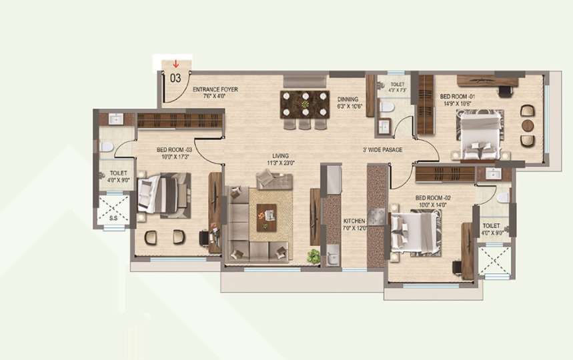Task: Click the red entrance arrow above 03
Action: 175,65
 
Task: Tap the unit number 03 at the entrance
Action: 175,77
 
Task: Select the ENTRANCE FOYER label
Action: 215,89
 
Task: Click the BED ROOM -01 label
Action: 456,96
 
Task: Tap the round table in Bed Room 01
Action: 528,125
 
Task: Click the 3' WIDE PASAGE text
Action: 382,150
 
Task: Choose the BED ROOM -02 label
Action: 434,198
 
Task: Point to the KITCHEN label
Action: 354,221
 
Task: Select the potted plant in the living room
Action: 314,255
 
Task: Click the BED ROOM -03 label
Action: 174,150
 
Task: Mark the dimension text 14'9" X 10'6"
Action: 456,103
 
